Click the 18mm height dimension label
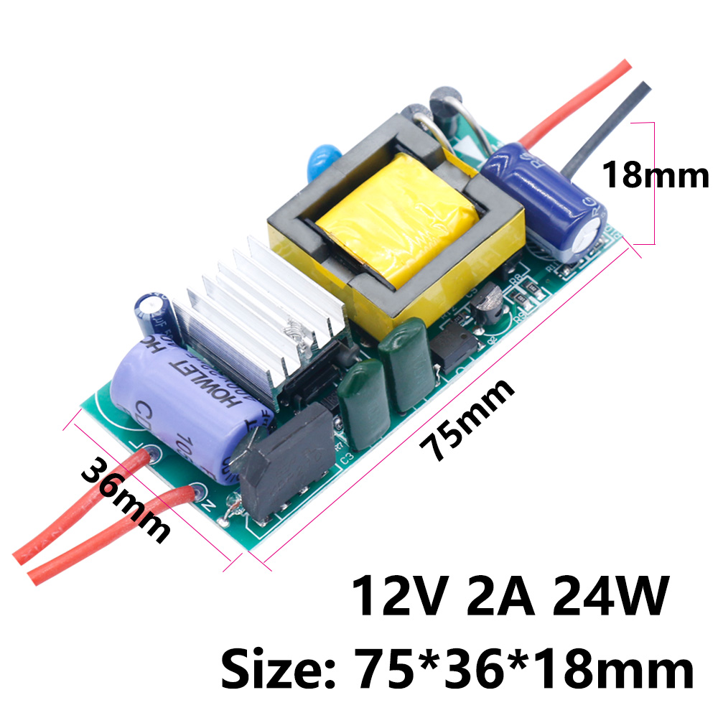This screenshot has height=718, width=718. click(x=655, y=174)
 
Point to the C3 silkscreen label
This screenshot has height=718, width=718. click(x=347, y=454)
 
